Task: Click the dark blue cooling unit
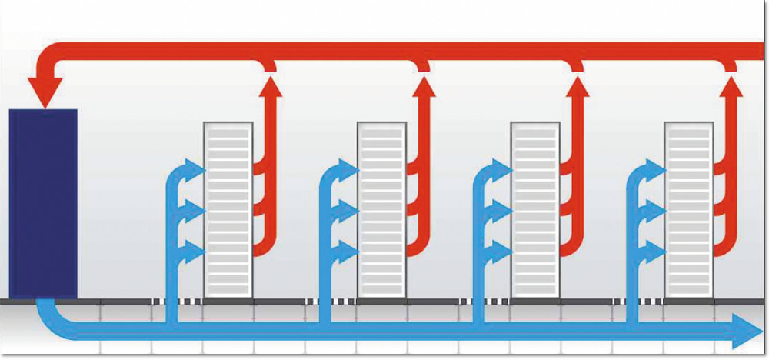click(x=42, y=203)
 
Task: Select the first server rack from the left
click(x=228, y=208)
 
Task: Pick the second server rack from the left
click(x=381, y=208)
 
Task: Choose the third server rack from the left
click(x=535, y=208)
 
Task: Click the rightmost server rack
click(x=689, y=208)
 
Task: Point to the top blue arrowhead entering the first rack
click(x=196, y=168)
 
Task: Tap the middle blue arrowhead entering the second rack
click(x=350, y=210)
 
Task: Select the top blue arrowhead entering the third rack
click(x=504, y=168)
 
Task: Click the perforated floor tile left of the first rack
click(x=165, y=301)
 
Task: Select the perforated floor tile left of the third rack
click(x=472, y=301)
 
